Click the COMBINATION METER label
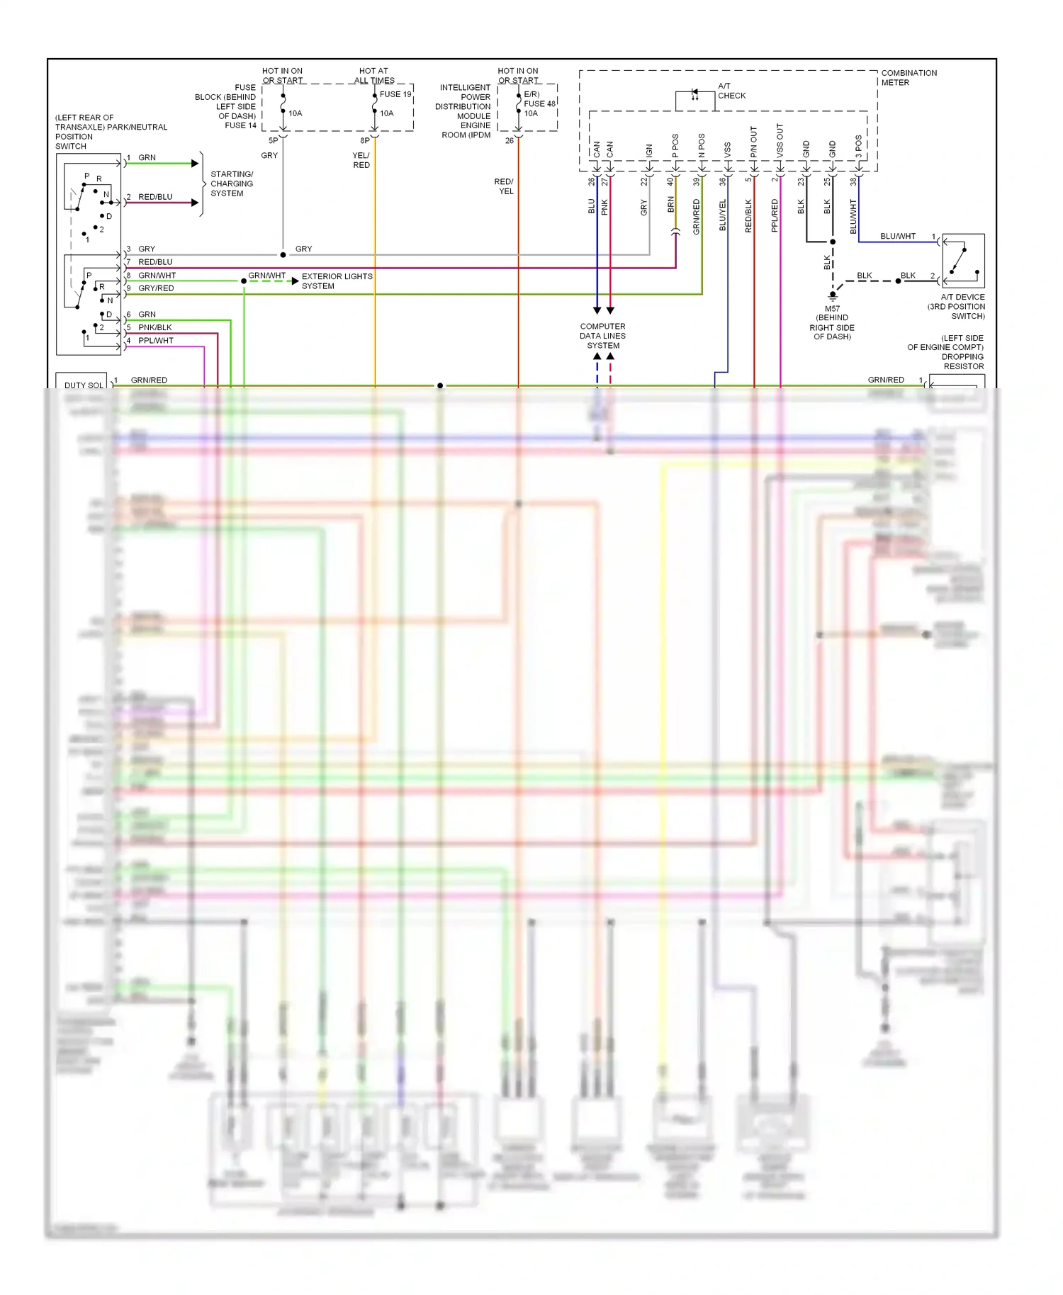(909, 78)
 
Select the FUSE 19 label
(395, 94)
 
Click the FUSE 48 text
(539, 103)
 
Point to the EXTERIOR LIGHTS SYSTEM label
(337, 281)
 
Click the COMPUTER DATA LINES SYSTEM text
(602, 336)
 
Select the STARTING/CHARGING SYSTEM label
(232, 183)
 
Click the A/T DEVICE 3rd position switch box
(963, 261)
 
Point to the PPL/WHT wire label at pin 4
(155, 341)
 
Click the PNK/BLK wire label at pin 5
(154, 327)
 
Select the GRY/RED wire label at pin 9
(155, 288)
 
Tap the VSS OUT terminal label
(780, 140)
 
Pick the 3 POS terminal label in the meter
(858, 146)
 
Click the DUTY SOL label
(84, 385)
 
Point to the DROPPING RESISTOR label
(962, 361)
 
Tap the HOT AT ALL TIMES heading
(373, 76)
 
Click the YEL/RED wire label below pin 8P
(361, 160)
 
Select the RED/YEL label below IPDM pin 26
(504, 186)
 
